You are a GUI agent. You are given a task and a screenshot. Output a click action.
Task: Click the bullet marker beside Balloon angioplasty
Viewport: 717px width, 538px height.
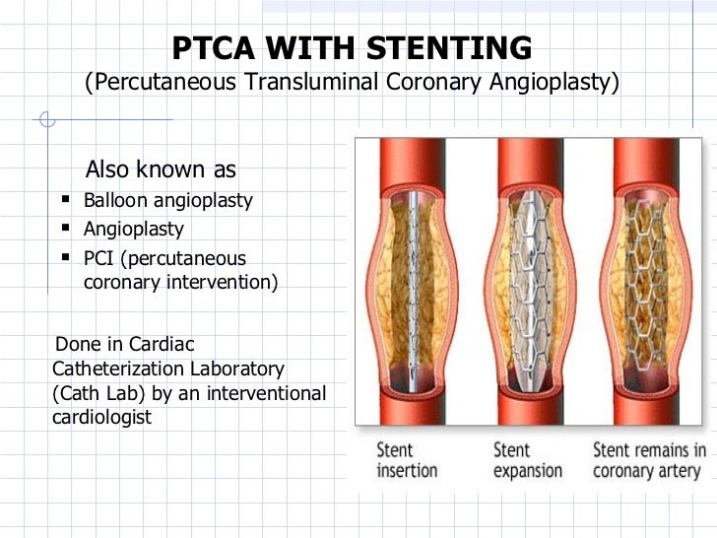(65, 201)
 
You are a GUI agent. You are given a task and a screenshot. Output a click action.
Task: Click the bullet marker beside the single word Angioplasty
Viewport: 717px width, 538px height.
(65, 230)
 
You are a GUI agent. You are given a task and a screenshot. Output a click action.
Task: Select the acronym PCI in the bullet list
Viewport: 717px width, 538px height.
(100, 258)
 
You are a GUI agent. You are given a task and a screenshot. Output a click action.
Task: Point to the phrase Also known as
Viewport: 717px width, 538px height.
(162, 169)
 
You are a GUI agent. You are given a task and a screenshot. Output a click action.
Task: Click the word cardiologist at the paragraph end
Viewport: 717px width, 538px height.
(99, 417)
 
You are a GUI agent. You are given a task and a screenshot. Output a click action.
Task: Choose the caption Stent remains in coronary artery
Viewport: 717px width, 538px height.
(649, 459)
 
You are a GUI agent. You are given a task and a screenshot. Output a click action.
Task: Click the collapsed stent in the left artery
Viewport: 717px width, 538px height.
(415, 286)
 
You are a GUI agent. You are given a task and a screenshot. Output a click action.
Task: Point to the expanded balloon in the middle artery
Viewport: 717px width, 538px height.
(532, 286)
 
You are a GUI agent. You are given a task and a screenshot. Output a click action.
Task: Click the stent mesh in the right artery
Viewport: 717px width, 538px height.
(647, 286)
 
